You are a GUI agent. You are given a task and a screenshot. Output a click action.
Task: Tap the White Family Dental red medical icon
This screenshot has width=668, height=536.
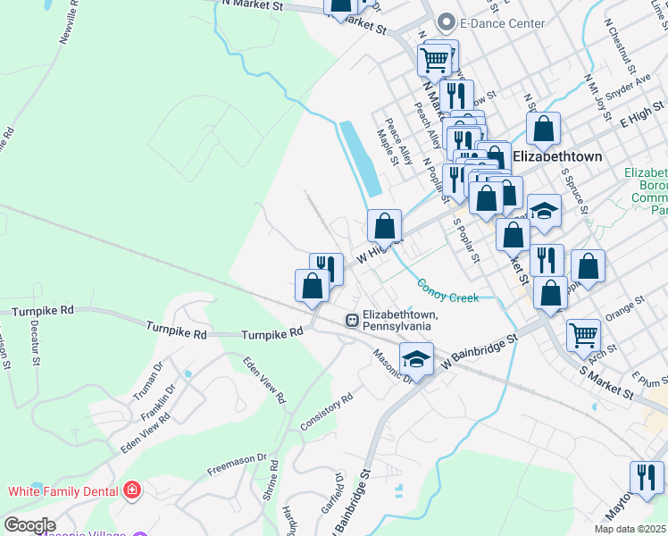(x=133, y=490)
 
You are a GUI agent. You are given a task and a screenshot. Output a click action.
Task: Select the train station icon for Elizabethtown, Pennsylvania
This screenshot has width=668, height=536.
(x=352, y=319)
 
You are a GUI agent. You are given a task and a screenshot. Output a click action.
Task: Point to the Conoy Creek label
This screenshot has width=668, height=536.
(x=447, y=291)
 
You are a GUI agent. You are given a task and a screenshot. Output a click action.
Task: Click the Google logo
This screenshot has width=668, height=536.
(x=29, y=525)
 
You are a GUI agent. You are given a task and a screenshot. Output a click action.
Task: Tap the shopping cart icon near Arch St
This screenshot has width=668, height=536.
(x=583, y=334)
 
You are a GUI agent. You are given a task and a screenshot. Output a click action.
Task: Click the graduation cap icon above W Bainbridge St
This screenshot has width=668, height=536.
(x=415, y=358)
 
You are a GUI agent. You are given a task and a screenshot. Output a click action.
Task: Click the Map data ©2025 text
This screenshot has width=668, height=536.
(x=630, y=528)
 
